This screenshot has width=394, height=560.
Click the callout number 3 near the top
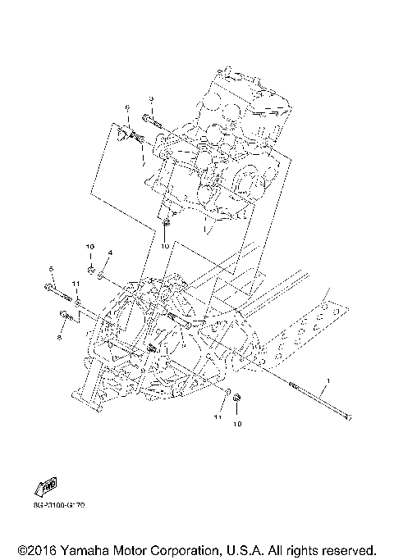point(151,98)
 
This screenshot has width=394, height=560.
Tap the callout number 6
point(128,107)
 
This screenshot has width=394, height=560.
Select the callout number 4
point(110,252)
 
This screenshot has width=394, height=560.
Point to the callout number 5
point(51,269)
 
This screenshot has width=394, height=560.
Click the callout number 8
point(60,336)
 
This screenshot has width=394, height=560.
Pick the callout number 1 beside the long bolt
point(329,381)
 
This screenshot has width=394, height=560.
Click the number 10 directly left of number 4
point(91,246)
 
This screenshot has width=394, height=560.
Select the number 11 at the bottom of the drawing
point(218,418)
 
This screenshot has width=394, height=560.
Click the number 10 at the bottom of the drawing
point(238,425)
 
